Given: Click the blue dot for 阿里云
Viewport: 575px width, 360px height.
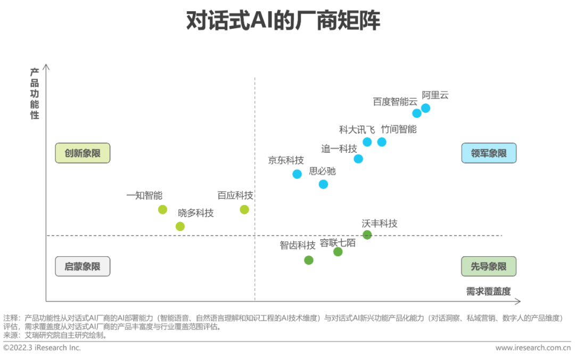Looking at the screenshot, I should (425, 108).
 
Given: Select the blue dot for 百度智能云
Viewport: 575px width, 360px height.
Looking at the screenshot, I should (417, 113).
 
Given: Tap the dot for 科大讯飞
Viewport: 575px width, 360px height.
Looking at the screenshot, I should (367, 142).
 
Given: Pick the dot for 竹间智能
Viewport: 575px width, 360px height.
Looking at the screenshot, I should (382, 142).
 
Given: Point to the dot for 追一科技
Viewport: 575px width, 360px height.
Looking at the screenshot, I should (358, 159).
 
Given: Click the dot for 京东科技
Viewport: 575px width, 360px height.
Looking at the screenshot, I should (297, 174).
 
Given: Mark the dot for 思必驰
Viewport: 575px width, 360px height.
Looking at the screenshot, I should (323, 184).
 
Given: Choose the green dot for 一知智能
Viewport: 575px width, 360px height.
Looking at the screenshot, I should (162, 209).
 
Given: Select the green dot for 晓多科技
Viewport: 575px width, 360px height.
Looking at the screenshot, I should (180, 226).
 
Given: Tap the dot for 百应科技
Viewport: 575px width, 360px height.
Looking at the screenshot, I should (244, 209).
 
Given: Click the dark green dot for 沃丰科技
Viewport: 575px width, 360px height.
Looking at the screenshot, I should (367, 235).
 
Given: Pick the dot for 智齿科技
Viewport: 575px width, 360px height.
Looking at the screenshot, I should (309, 260).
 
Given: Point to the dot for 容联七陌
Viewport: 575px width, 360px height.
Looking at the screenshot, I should (338, 251).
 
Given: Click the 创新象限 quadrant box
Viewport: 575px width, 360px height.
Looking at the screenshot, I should (83, 153).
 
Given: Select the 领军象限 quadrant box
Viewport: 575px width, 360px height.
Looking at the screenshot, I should (489, 153).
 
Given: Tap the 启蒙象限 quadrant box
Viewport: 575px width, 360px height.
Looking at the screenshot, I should (83, 266).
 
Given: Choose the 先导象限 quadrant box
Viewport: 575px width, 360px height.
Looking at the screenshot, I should (489, 266).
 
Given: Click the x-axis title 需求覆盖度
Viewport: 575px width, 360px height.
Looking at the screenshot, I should (488, 291).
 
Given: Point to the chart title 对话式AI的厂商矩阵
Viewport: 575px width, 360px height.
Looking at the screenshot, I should (283, 22).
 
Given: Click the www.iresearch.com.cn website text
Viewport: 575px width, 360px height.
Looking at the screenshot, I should (533, 348).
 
